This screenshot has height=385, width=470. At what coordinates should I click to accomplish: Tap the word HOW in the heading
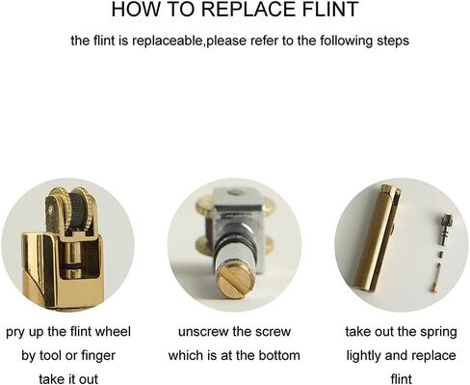[x=133, y=9]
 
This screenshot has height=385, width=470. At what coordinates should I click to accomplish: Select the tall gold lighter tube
[x=374, y=238]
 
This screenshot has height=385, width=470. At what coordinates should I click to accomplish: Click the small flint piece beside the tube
[x=440, y=255]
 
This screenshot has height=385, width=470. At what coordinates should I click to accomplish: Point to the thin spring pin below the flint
[x=436, y=277]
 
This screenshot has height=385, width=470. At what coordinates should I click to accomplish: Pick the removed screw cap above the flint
[x=445, y=231]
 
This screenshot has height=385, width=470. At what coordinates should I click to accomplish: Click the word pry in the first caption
[x=16, y=332]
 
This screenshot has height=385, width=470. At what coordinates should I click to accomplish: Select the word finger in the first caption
[x=98, y=355]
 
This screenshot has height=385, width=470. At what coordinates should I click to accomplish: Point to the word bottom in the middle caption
[x=279, y=355]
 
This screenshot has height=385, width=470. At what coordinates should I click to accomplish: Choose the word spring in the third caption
[x=440, y=333]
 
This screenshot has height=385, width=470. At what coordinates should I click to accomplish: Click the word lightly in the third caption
[x=363, y=356]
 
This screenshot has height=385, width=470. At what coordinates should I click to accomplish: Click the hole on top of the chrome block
[x=234, y=192]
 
